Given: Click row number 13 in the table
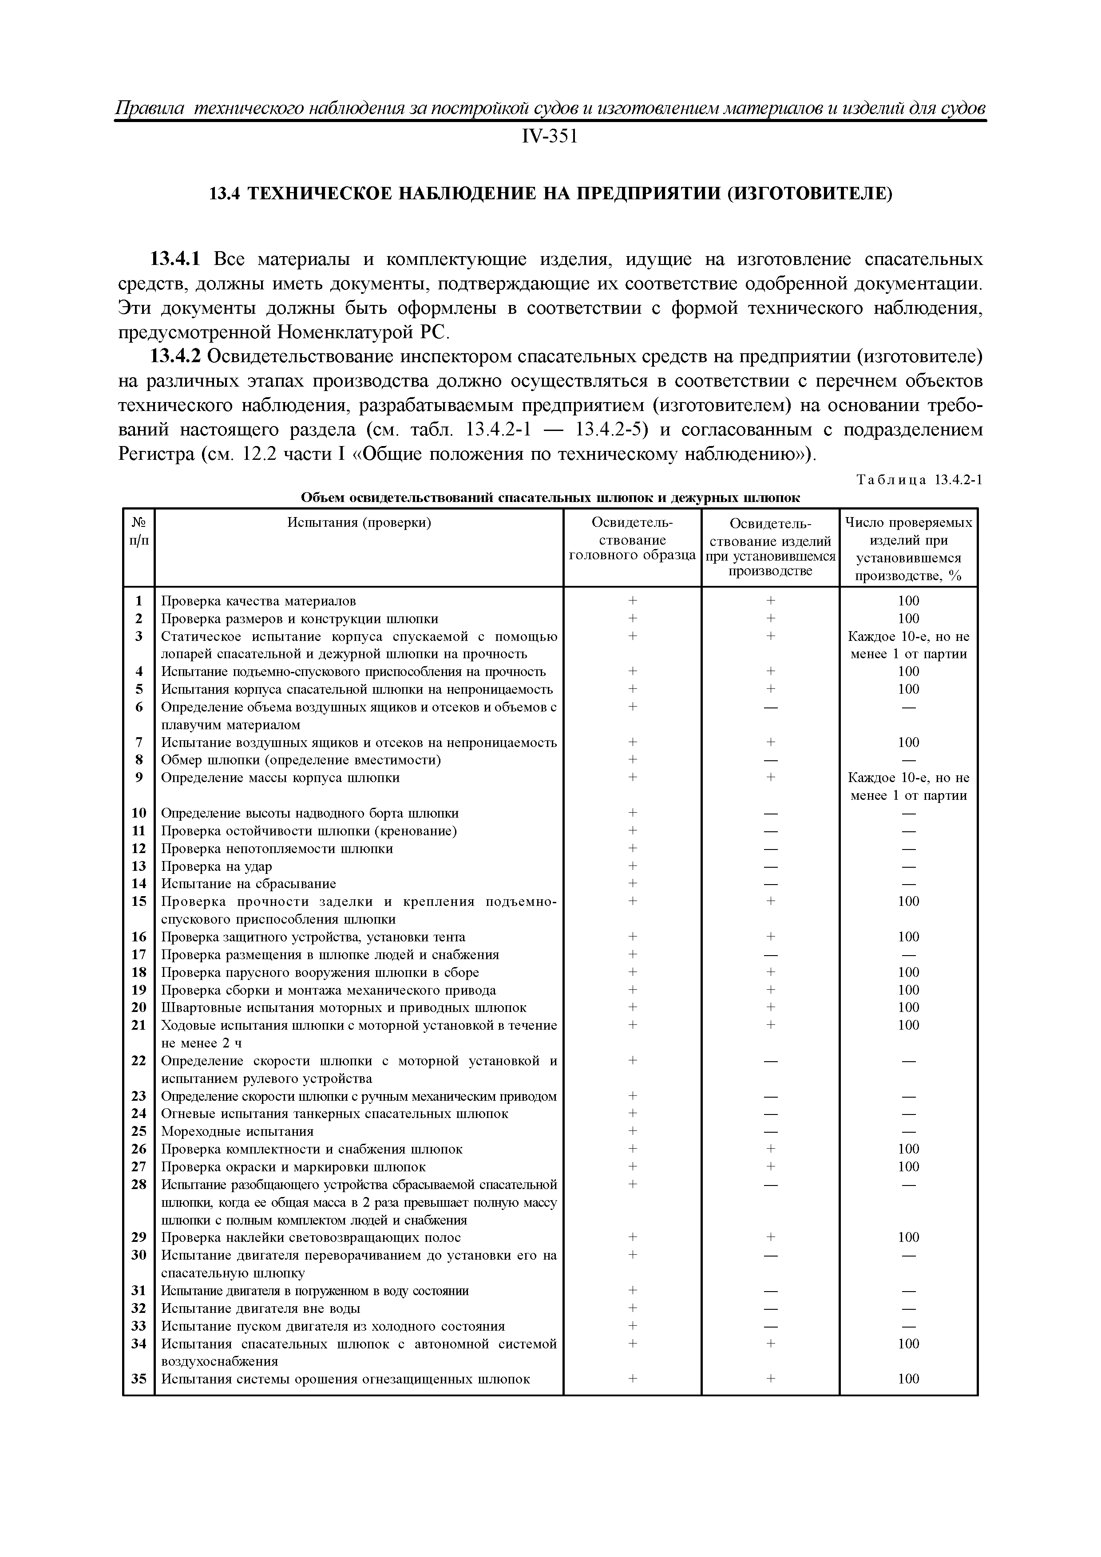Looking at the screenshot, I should [139, 866].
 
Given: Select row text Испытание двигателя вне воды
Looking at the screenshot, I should [261, 1308].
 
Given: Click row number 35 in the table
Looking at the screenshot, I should [139, 1379].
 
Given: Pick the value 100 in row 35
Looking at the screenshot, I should [908, 1379].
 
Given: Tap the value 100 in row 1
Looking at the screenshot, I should [908, 601].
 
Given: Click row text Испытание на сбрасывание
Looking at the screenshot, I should [248, 884].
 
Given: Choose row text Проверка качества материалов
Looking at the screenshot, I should [258, 601].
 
